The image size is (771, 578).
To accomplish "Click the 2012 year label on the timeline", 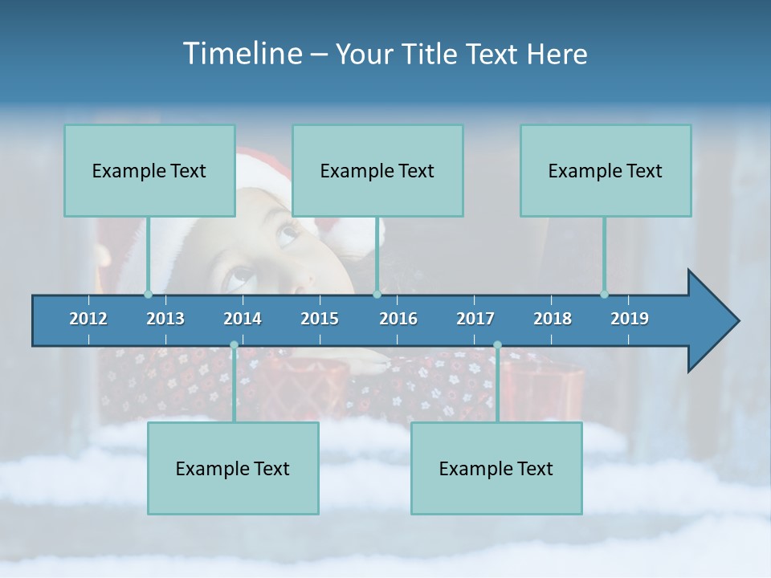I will click(88, 319).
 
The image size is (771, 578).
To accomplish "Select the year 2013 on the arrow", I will click(165, 319).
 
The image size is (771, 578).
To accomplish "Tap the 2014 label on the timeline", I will click(243, 319).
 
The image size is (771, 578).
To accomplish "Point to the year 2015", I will click(320, 319).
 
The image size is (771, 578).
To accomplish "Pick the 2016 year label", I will click(398, 319).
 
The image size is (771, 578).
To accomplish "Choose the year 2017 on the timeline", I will click(475, 319).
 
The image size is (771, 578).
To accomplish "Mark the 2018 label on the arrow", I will click(553, 319).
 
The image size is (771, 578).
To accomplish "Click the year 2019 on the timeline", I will click(630, 319).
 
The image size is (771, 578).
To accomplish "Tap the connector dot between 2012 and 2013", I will click(148, 295).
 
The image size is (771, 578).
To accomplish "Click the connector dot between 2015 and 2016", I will click(377, 295).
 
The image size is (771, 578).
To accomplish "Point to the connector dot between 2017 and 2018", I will click(497, 345).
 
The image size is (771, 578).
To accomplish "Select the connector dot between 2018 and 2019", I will click(605, 295).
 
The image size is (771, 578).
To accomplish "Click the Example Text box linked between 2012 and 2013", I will click(149, 170).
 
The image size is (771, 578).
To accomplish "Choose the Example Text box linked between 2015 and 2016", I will click(377, 170).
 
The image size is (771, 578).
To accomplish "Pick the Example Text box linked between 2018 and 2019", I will click(606, 170).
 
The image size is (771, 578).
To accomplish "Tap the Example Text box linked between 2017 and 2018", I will click(496, 468).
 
